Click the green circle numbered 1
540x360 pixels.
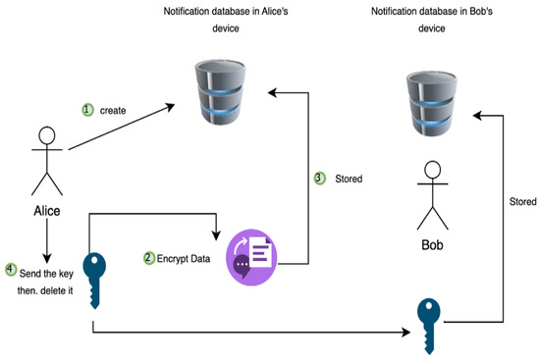point(87,111)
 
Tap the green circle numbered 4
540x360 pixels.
point(11,268)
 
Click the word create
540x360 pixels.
point(113,111)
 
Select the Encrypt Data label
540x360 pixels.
point(184,258)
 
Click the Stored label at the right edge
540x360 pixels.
point(523,201)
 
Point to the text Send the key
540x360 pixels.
point(44,269)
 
